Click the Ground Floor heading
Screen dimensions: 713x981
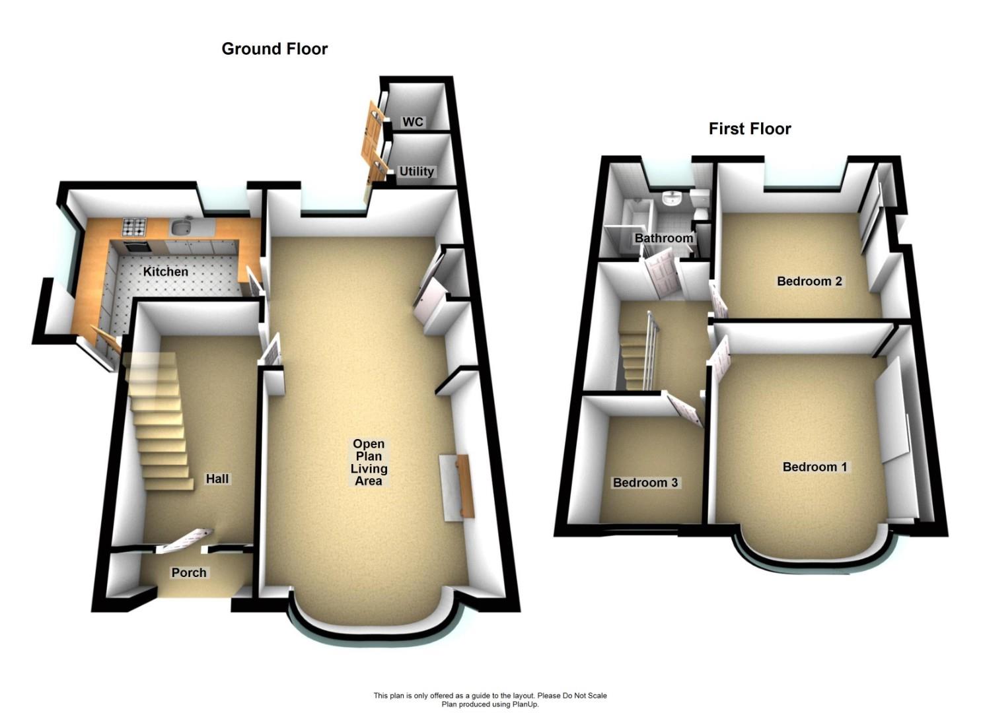(x=274, y=49)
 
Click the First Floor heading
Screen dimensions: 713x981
(x=750, y=129)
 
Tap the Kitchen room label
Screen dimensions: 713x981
(x=166, y=271)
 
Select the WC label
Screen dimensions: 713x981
(x=413, y=122)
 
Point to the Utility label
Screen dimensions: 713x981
(x=416, y=171)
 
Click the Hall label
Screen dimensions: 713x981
(x=217, y=479)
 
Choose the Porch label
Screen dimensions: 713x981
(x=189, y=572)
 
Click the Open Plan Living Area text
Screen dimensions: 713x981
(x=369, y=462)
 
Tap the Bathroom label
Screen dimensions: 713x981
(x=664, y=238)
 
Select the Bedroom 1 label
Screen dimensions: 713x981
(x=815, y=467)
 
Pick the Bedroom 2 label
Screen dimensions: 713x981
(x=809, y=281)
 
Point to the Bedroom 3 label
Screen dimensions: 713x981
(x=645, y=483)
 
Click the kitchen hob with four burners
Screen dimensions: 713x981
(x=133, y=227)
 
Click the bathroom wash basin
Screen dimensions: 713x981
(x=672, y=198)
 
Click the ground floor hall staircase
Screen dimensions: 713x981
(x=159, y=423)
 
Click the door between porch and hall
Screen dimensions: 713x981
(x=184, y=540)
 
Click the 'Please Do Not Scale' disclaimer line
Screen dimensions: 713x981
(x=490, y=695)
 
